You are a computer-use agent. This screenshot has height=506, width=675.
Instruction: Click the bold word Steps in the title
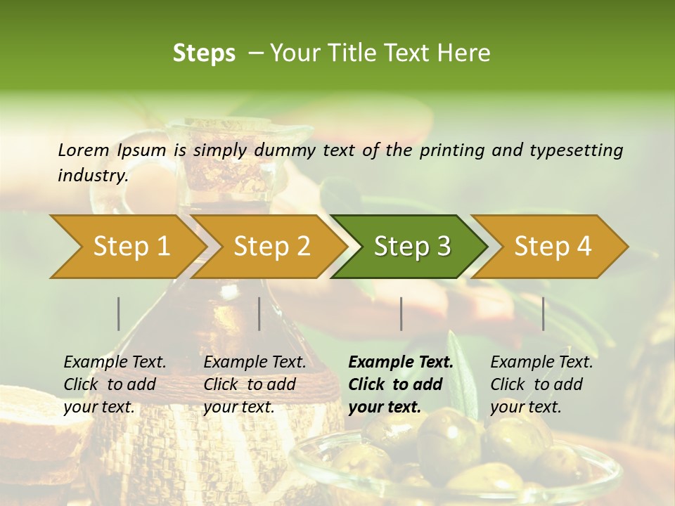coord(204,53)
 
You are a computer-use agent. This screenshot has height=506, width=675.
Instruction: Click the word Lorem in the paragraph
coord(83,150)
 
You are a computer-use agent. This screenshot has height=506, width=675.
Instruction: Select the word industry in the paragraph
coord(92,176)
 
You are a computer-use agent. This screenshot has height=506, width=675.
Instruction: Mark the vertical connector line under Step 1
coord(119,313)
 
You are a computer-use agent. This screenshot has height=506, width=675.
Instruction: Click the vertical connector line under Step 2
coord(259,313)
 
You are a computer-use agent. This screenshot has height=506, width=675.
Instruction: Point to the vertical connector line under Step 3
coord(401,313)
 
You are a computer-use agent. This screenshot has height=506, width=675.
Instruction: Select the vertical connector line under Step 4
coord(543,313)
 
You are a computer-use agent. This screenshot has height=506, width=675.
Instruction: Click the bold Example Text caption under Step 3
coord(399,384)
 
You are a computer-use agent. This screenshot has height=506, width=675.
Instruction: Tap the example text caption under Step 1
coord(115,384)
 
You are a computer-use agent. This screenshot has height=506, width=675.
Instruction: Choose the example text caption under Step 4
coord(541,384)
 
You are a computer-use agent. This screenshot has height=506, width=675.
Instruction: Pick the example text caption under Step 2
coord(255,384)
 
